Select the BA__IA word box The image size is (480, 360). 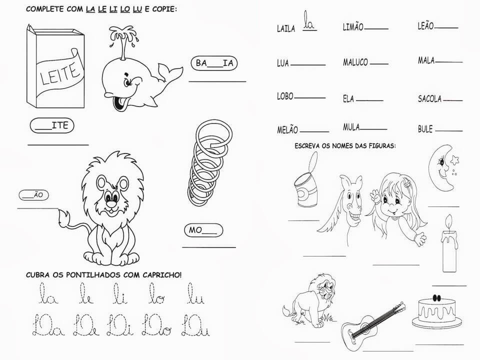click(x=214, y=63)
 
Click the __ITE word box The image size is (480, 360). click(x=52, y=125)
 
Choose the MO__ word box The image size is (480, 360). click(x=203, y=230)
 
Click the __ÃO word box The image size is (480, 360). click(x=33, y=195)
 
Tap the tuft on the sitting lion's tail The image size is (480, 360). click(x=65, y=218)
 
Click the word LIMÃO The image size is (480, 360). click(x=353, y=27)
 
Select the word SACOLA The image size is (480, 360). click(x=430, y=98)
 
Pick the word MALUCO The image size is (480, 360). click(x=355, y=62)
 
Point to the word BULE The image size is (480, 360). click(x=425, y=129)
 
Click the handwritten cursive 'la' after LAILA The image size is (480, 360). click(x=309, y=21)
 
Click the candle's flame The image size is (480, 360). click(x=449, y=221)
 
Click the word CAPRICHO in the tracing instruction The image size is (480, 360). click(x=161, y=275)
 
